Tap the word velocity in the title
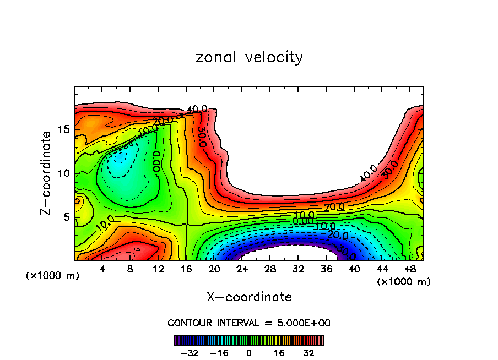click(x=271, y=58)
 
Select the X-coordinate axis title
click(x=249, y=297)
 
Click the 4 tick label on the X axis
click(x=102, y=269)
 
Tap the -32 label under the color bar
click(x=189, y=352)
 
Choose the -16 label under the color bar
click(x=219, y=352)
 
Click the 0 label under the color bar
click(x=249, y=352)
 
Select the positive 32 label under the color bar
click(x=309, y=352)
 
